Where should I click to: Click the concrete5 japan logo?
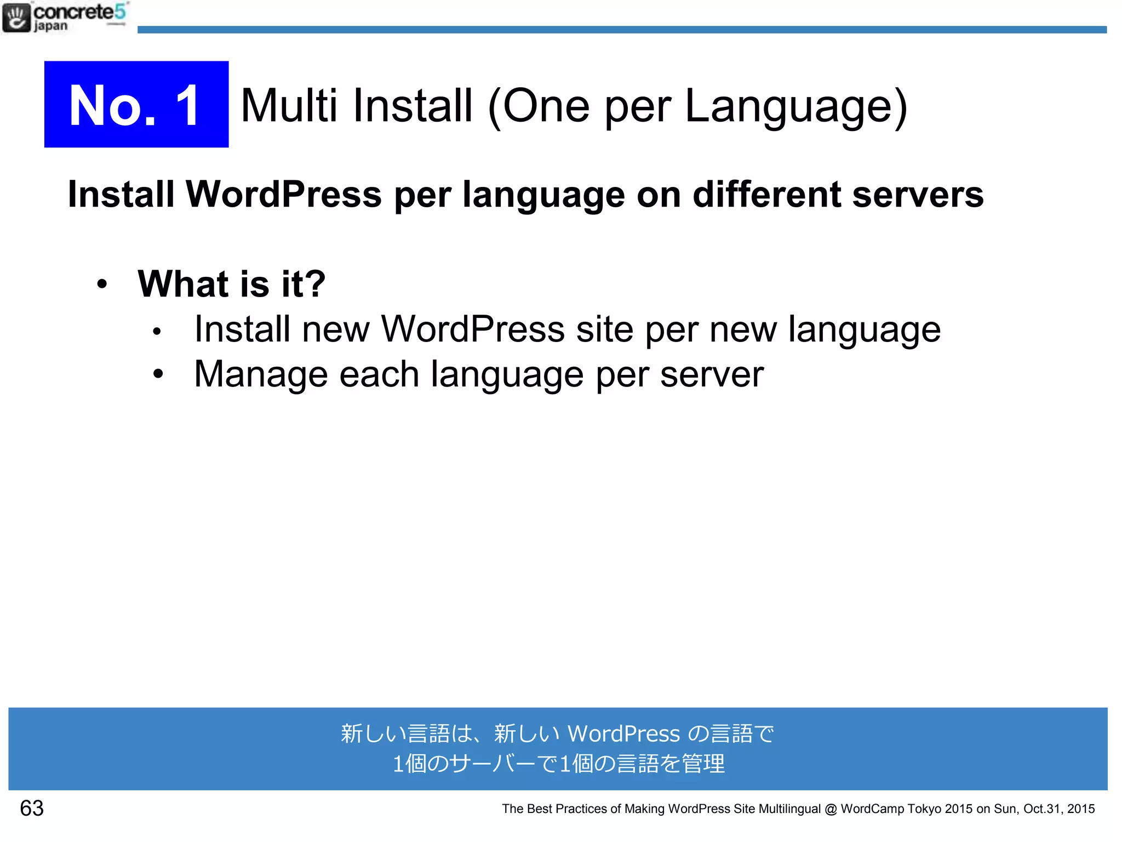(65, 18)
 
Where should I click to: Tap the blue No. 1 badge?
(136, 104)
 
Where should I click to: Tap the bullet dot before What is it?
(102, 284)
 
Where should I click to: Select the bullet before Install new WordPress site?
(157, 331)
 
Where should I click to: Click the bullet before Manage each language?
(158, 374)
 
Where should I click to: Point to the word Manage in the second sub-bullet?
(261, 374)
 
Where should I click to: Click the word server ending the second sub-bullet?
(712, 374)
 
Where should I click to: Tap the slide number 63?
(32, 808)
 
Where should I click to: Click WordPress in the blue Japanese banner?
(623, 733)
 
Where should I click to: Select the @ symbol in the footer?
(831, 809)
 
